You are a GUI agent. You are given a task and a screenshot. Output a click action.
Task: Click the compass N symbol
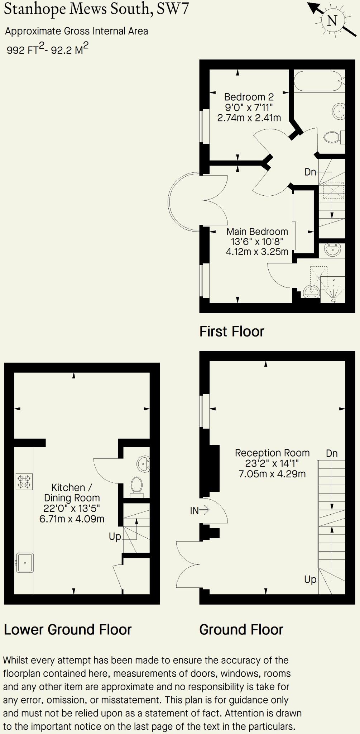[332, 20]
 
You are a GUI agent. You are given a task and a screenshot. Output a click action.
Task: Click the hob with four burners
[24, 481]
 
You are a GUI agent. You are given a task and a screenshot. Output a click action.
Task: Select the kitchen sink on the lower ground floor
[25, 563]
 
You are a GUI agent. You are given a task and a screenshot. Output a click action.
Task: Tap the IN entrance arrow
[200, 510]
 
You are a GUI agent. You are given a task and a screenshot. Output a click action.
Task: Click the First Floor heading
[232, 332]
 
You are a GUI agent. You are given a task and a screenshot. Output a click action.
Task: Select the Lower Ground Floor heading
[68, 629]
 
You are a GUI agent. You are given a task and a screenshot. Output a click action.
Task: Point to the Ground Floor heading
[241, 629]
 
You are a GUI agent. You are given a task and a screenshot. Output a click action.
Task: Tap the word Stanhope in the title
[35, 9]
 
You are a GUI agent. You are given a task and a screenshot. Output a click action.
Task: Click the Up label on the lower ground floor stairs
[115, 537]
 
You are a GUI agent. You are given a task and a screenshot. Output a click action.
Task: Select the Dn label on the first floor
[310, 172]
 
